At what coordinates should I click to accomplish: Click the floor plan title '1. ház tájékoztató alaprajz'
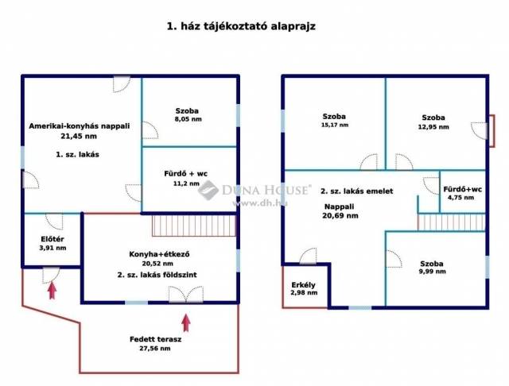(x=241, y=26)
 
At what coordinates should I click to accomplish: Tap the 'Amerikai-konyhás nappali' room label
(x=80, y=126)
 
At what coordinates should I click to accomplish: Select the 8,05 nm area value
(x=188, y=119)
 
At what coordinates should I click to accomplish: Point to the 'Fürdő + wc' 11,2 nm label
(x=185, y=178)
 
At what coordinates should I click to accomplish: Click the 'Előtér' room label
(x=52, y=239)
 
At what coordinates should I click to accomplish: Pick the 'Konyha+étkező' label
(x=159, y=254)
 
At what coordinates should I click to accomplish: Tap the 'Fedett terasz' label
(x=156, y=339)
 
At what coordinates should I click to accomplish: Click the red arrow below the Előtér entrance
(x=52, y=291)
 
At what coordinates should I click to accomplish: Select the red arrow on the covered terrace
(x=186, y=322)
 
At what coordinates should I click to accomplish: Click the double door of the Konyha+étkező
(x=186, y=295)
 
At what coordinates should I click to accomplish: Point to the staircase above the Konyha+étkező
(x=194, y=226)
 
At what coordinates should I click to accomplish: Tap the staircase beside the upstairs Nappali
(x=451, y=222)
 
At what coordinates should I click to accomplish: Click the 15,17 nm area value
(x=335, y=125)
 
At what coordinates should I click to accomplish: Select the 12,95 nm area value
(x=433, y=127)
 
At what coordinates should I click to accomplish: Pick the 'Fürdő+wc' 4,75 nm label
(x=462, y=193)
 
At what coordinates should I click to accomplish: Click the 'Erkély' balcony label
(x=304, y=285)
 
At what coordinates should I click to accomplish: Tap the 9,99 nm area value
(x=432, y=272)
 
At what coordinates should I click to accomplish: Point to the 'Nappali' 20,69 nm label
(x=340, y=211)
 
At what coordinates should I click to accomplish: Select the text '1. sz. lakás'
(x=77, y=155)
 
